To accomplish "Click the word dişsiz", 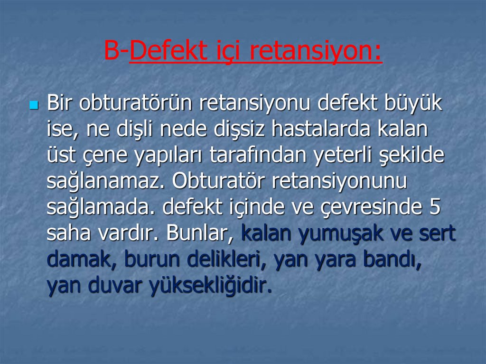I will pyautogui.click(x=239, y=130).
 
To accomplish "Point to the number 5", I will pyautogui.click(x=435, y=207).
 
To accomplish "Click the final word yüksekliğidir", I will pyautogui.click(x=211, y=286).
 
